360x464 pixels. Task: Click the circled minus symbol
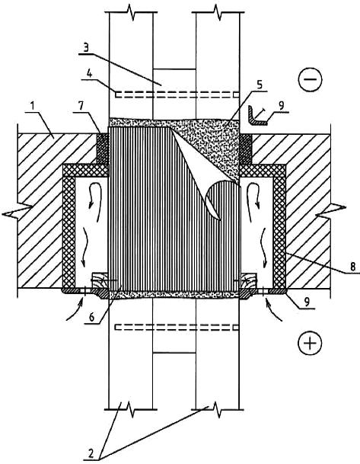[x=310, y=79]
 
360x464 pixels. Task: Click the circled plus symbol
[x=310, y=344]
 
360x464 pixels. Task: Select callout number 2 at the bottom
[x=91, y=454]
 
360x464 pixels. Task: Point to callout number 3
[x=86, y=48]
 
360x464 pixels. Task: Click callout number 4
[x=89, y=74]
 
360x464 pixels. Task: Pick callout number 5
[x=260, y=85]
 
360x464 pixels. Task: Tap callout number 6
[x=92, y=317]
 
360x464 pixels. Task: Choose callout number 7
[x=82, y=106]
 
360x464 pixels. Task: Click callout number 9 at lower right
[x=307, y=302]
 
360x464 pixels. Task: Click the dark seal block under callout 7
[x=103, y=149]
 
